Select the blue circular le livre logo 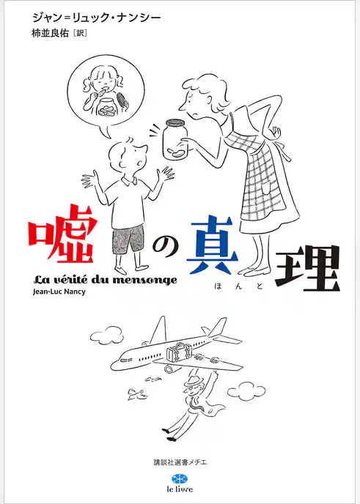pyautogui.click(x=180, y=479)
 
